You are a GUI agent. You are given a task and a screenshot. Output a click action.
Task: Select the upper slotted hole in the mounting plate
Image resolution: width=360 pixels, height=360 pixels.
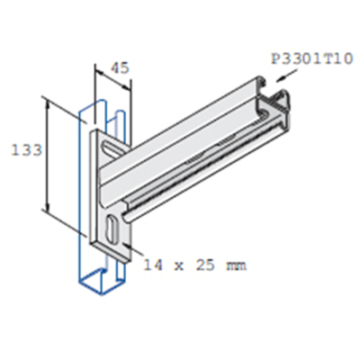tap(109, 148)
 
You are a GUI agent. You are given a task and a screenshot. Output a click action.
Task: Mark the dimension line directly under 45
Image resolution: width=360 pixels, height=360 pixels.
tap(114, 78)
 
